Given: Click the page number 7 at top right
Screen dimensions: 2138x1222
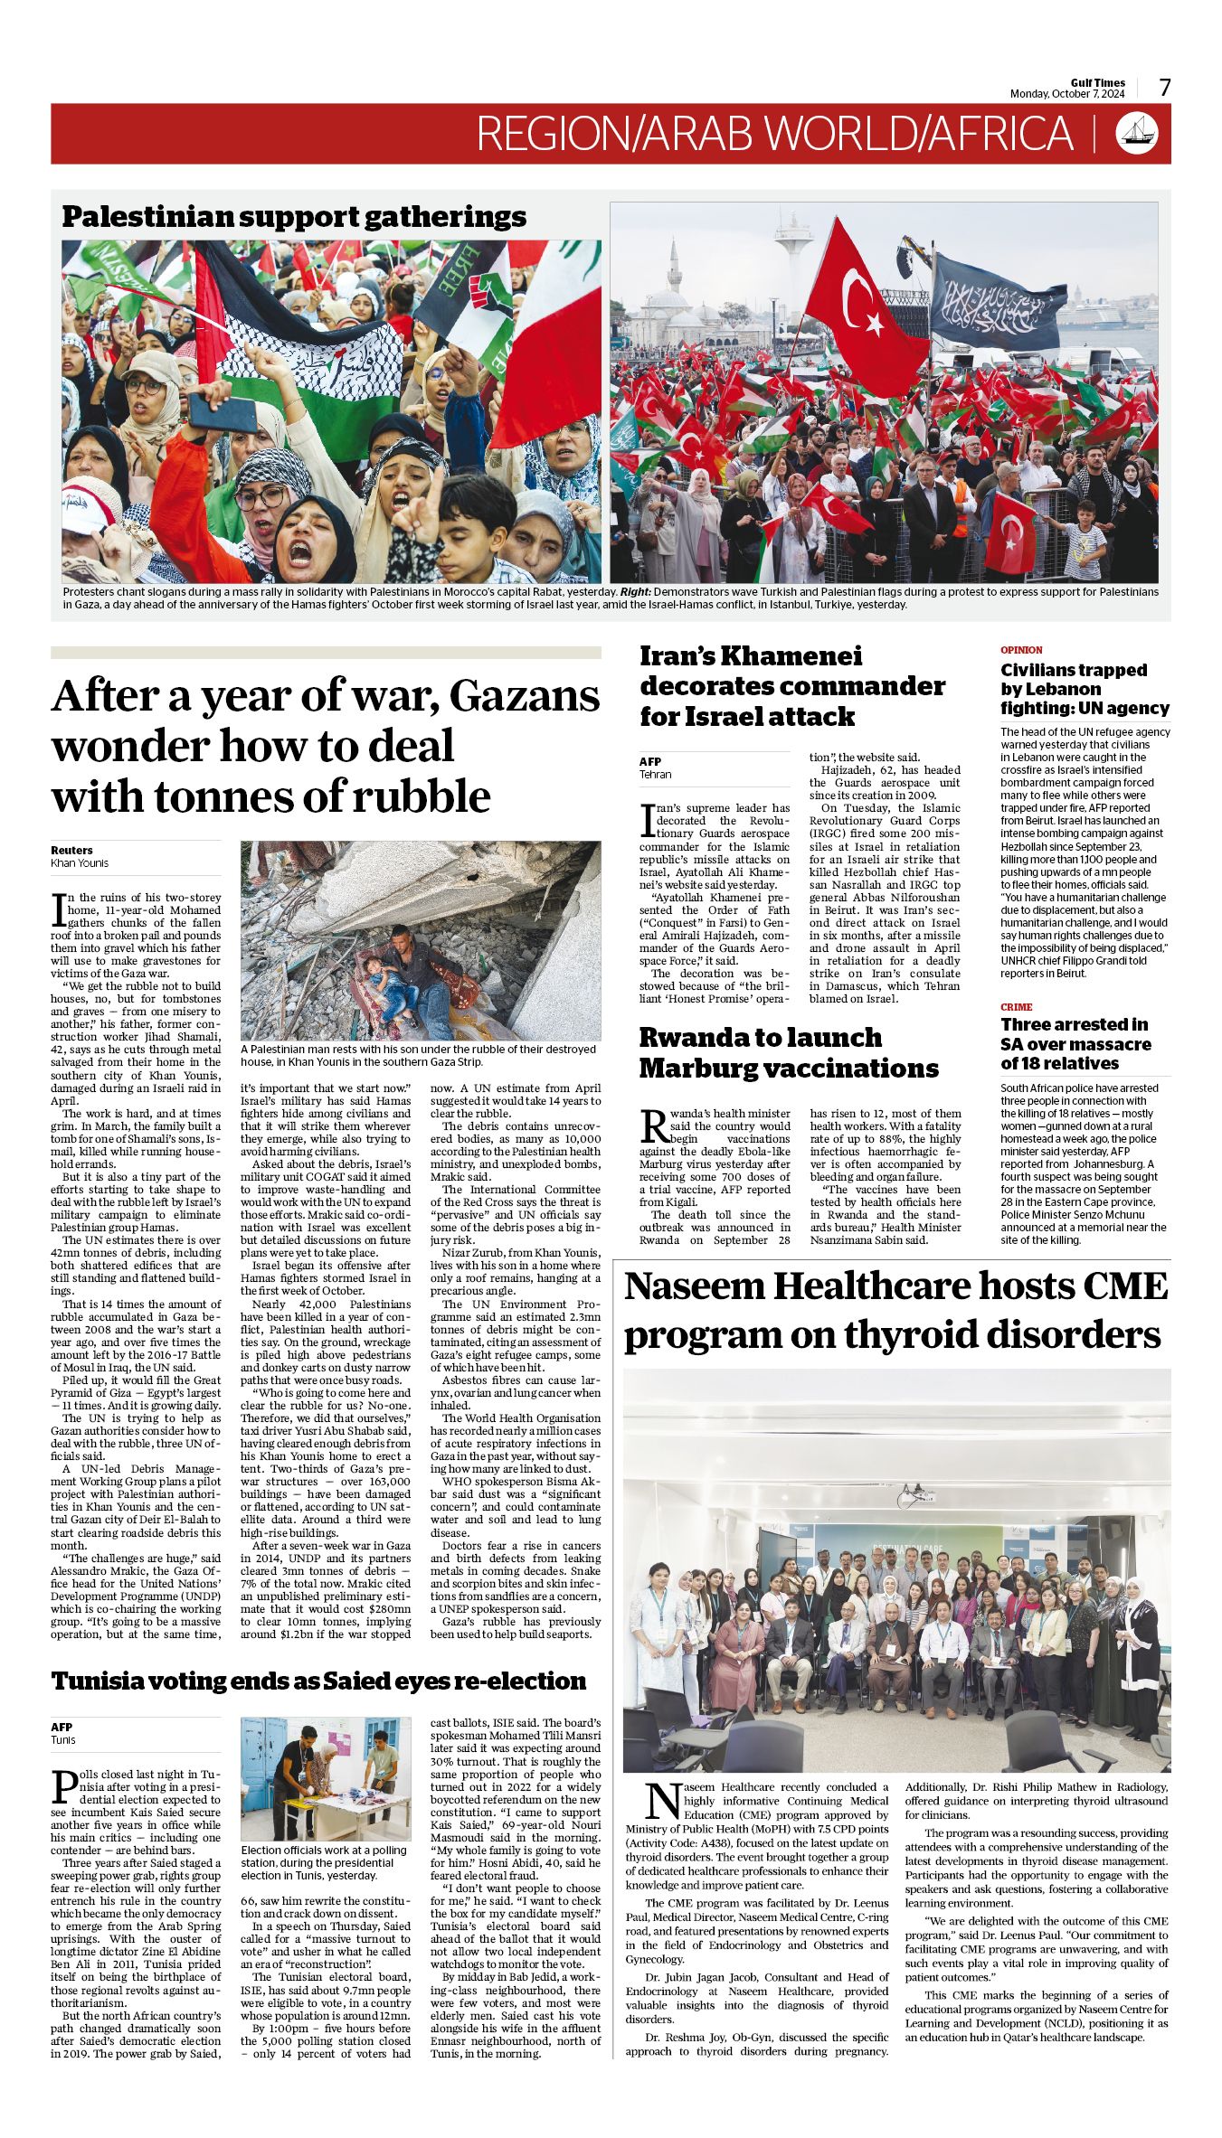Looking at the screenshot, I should pyautogui.click(x=1164, y=88).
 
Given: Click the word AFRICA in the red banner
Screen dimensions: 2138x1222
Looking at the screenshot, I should pyautogui.click(x=999, y=134).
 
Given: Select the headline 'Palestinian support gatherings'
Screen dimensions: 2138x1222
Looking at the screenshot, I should pyautogui.click(x=294, y=217).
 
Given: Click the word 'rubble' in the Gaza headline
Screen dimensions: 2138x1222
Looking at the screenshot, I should pyautogui.click(x=426, y=796).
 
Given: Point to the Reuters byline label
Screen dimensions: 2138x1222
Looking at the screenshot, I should pyautogui.click(x=71, y=850).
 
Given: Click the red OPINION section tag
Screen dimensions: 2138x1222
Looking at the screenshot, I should pyautogui.click(x=1021, y=650).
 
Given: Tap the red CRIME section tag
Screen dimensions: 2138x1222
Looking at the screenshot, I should pyautogui.click(x=1016, y=1006).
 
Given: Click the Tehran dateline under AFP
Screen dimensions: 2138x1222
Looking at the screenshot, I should pyautogui.click(x=656, y=775).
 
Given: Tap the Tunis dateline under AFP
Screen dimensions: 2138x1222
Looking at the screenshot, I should pyautogui.click(x=63, y=1739).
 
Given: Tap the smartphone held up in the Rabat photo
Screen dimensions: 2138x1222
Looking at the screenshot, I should pyautogui.click(x=223, y=412).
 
